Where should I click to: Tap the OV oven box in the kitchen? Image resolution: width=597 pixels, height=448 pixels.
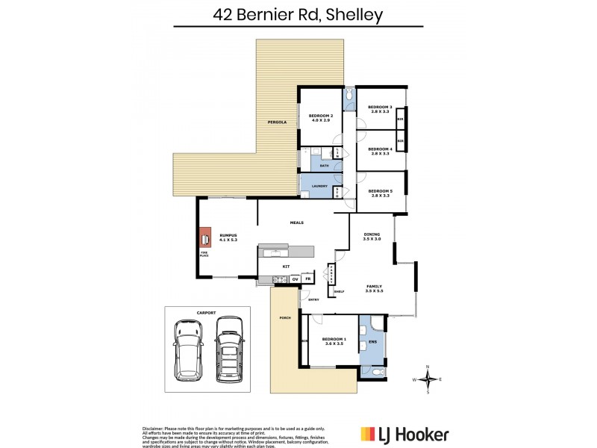pos(296,279)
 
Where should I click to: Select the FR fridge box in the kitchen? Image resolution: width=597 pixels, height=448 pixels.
pos(307,279)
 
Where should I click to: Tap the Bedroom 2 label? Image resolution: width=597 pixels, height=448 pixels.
pos(321,118)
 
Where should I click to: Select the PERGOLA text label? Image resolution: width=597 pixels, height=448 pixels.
pos(268,122)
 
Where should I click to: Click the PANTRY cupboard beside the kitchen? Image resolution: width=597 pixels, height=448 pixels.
pos(331,275)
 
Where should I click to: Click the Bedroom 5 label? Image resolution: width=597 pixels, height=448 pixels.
pos(381,193)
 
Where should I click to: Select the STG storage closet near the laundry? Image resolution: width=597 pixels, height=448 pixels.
pos(337,193)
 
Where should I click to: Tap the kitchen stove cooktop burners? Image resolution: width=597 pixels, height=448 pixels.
pos(279,280)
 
